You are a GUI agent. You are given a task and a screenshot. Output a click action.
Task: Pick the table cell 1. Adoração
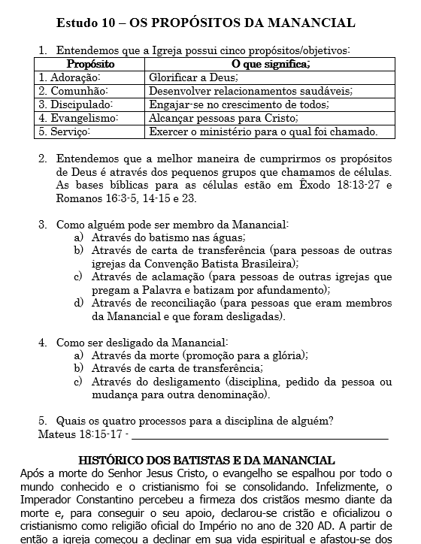click(70, 77)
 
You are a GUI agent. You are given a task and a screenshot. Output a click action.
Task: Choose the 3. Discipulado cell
click(76, 104)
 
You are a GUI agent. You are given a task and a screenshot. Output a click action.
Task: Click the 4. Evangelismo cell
click(79, 118)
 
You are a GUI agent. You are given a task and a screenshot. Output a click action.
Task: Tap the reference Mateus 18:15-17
click(80, 434)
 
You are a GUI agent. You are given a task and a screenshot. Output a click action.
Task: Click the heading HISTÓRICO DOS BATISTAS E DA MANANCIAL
click(207, 459)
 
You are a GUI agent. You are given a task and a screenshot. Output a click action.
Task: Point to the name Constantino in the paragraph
click(105, 500)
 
